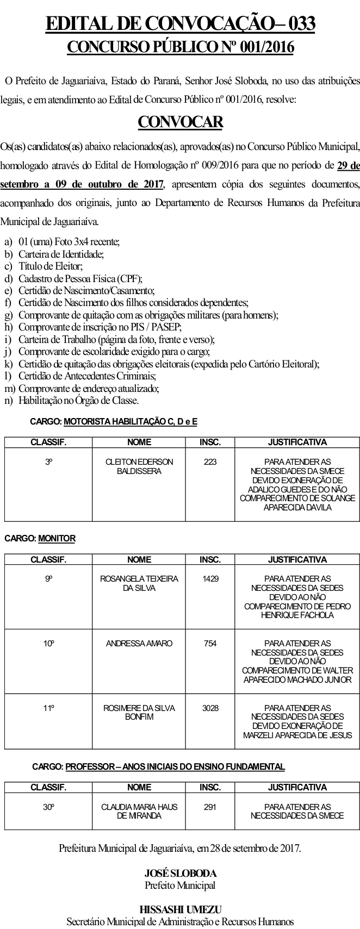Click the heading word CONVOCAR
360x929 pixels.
[180, 122]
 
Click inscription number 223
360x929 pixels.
[210, 462]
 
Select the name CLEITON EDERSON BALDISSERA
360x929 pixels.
[139, 466]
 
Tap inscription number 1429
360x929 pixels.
[210, 578]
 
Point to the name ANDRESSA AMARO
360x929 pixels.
[139, 643]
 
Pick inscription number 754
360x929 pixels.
[210, 643]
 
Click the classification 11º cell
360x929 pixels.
[49, 708]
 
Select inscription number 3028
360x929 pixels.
[210, 708]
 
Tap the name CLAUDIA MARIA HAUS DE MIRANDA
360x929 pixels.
[139, 811]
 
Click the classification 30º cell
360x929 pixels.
[49, 807]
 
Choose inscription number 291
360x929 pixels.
[210, 807]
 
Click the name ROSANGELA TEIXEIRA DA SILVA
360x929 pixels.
[139, 583]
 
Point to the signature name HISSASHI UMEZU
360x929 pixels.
[180, 909]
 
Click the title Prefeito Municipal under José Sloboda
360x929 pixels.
[180, 885]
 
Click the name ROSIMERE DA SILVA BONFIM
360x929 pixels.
[139, 712]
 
